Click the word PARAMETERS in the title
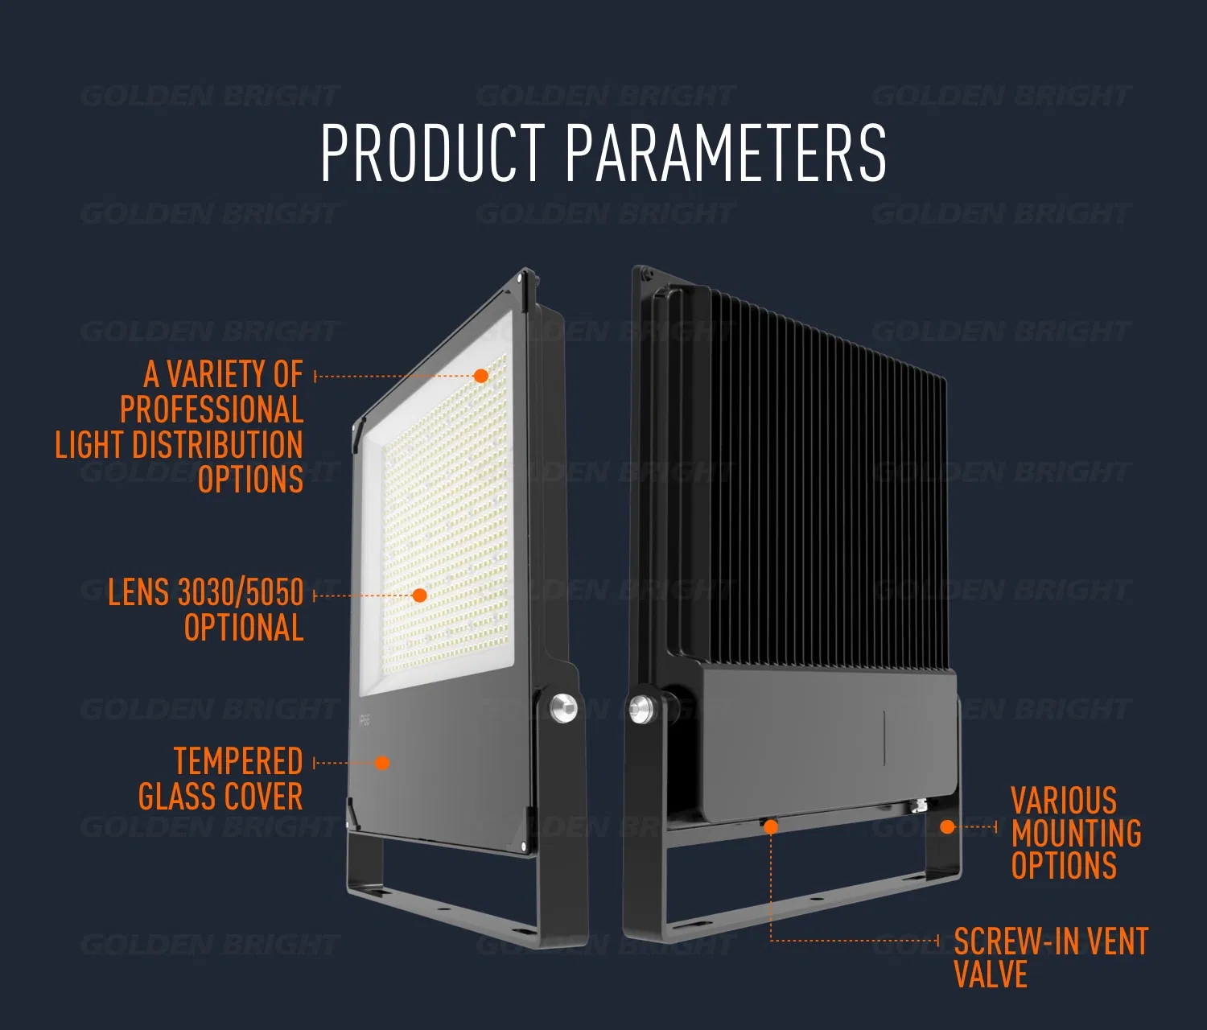click(x=726, y=152)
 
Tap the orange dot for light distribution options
click(x=481, y=376)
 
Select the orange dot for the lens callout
click(x=419, y=595)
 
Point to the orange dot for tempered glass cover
click(x=382, y=763)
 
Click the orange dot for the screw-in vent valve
click(x=771, y=826)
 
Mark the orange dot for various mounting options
click(x=947, y=826)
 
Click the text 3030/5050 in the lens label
click(x=241, y=592)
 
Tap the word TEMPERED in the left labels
click(x=238, y=760)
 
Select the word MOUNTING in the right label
click(x=1076, y=833)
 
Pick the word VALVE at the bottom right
click(x=991, y=974)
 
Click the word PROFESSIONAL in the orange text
click(x=212, y=409)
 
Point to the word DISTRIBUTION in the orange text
click(x=218, y=444)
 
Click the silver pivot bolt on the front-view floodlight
click(x=563, y=707)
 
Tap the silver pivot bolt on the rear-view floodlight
click(x=642, y=709)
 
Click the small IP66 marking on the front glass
click(x=364, y=720)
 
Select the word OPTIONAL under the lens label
click(x=244, y=627)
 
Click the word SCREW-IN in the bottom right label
click(x=1002, y=941)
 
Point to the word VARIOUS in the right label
click(x=1064, y=800)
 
